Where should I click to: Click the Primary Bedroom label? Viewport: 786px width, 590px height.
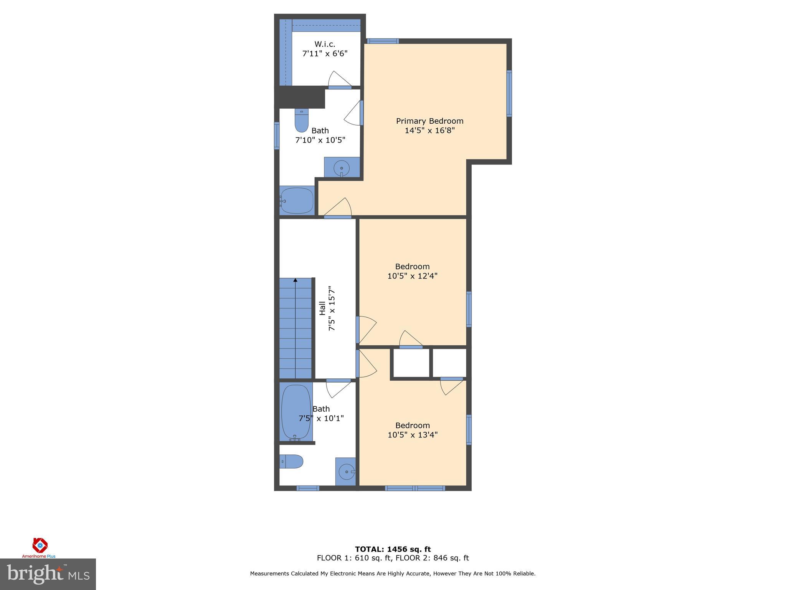[429, 121]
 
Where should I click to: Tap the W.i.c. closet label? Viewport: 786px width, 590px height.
[325, 45]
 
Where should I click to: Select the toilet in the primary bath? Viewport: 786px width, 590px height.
[302, 120]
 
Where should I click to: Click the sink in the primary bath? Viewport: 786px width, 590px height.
[342, 168]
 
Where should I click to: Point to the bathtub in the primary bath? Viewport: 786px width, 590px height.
[297, 201]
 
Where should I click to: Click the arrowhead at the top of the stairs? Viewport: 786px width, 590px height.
[295, 280]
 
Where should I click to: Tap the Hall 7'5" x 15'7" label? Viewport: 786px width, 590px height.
[327, 308]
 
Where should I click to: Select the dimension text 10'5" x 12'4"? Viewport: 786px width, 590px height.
[412, 276]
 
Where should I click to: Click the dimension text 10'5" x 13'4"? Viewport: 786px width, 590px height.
[413, 435]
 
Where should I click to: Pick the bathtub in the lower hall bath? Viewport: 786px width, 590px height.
[296, 412]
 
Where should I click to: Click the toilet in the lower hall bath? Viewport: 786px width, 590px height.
[291, 461]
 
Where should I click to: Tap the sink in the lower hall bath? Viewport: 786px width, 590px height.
[346, 471]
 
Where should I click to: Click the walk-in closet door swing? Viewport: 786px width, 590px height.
[339, 80]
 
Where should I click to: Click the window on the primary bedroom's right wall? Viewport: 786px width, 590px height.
[509, 93]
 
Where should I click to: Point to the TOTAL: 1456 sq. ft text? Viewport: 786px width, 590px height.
[393, 549]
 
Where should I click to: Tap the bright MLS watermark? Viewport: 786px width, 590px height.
[48, 574]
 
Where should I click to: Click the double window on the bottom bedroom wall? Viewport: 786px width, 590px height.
[415, 488]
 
